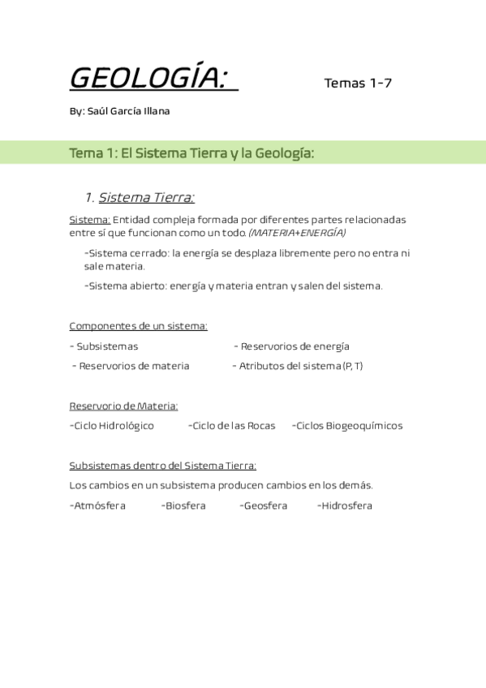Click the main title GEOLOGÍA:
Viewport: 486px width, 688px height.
click(153, 79)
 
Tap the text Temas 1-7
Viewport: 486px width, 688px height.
click(358, 83)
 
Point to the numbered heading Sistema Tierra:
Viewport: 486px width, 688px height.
click(146, 197)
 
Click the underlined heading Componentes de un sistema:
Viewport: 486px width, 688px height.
click(138, 326)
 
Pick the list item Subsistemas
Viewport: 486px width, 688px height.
click(107, 346)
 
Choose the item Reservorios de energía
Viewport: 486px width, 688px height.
click(295, 346)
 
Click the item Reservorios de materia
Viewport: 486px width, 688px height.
click(134, 366)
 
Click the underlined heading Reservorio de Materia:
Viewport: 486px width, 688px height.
click(123, 406)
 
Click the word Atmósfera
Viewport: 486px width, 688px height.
click(97, 505)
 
